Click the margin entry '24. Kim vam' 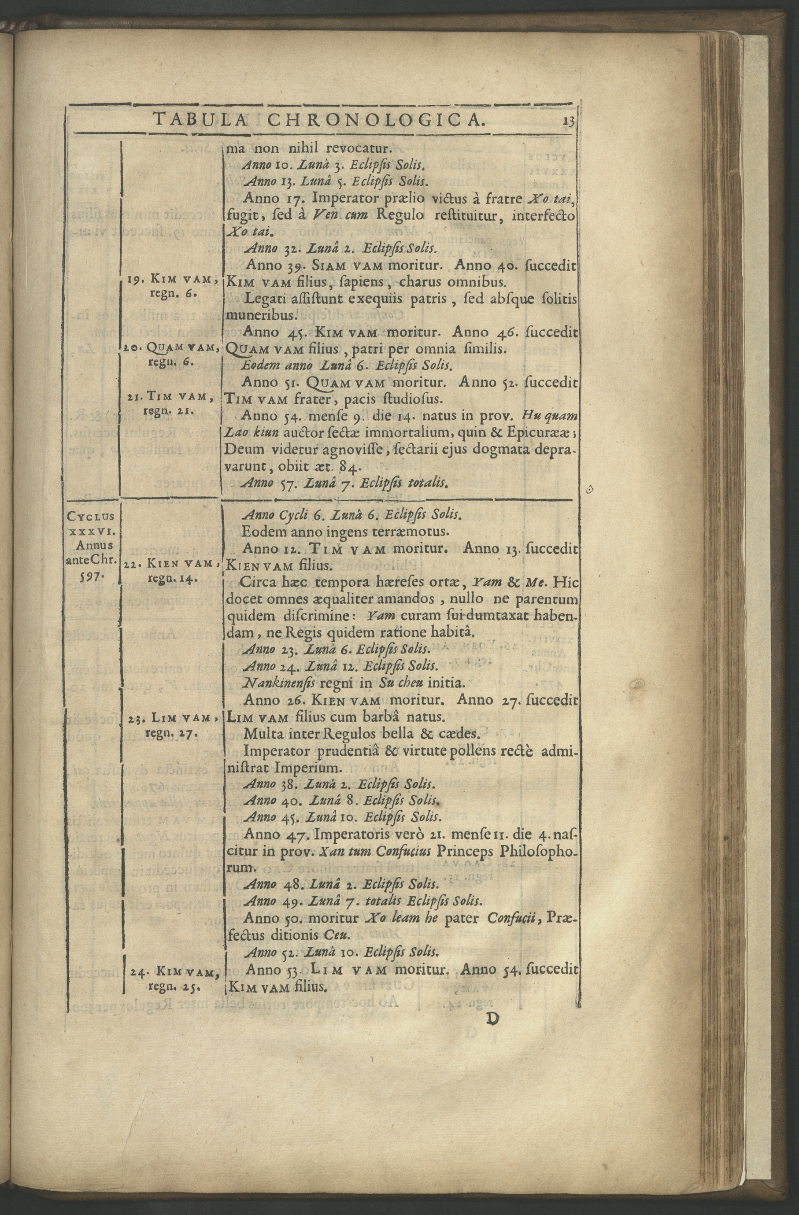coord(174,1126)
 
